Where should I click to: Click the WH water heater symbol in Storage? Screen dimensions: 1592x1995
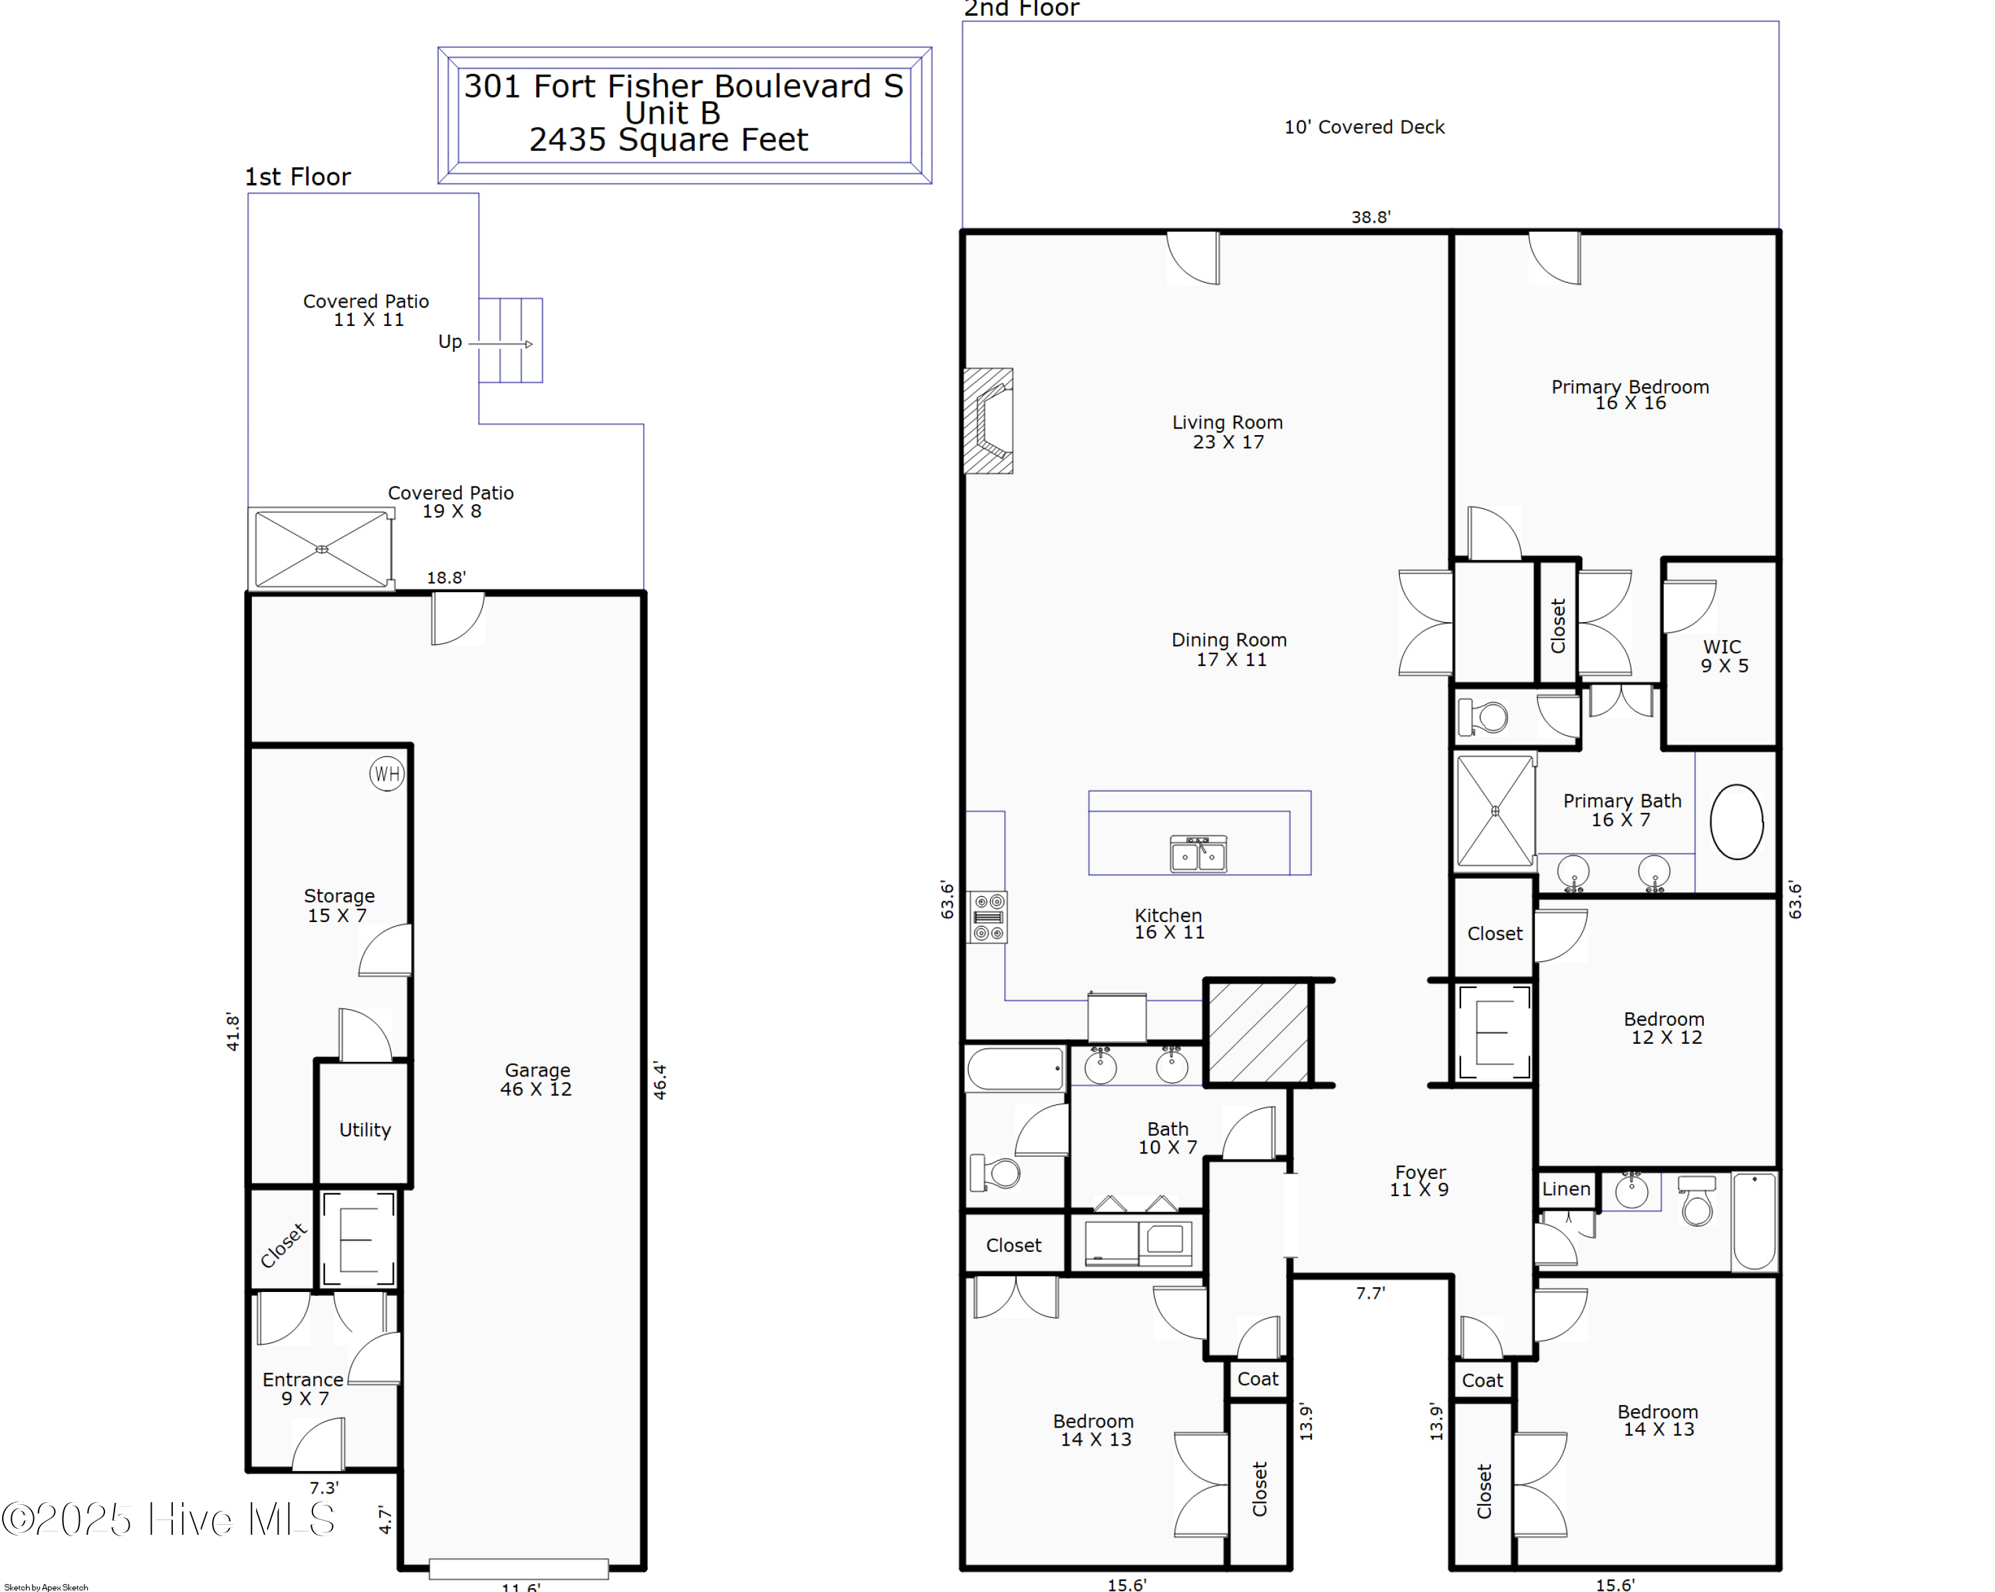(387, 774)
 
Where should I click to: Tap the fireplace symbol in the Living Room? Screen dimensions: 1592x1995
(988, 421)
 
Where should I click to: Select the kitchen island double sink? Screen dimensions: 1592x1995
(1198, 854)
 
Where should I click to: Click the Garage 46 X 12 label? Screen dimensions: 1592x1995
(537, 1079)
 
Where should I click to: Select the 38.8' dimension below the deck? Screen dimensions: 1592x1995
(1371, 218)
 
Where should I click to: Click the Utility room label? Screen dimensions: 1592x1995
(364, 1130)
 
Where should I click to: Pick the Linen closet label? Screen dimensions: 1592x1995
(1565, 1190)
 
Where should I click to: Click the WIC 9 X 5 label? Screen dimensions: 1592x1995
(1723, 656)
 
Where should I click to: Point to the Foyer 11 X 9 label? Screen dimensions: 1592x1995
(1420, 1181)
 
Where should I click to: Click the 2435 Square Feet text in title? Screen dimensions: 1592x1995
(668, 140)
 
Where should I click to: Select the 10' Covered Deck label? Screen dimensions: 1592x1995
(1364, 127)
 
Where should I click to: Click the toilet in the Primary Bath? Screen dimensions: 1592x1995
(1484, 716)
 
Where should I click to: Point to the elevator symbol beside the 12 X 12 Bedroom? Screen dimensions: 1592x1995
(1494, 1032)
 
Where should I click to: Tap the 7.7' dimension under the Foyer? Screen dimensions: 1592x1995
(1371, 1293)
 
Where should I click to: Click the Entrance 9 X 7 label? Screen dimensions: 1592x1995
(303, 1388)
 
